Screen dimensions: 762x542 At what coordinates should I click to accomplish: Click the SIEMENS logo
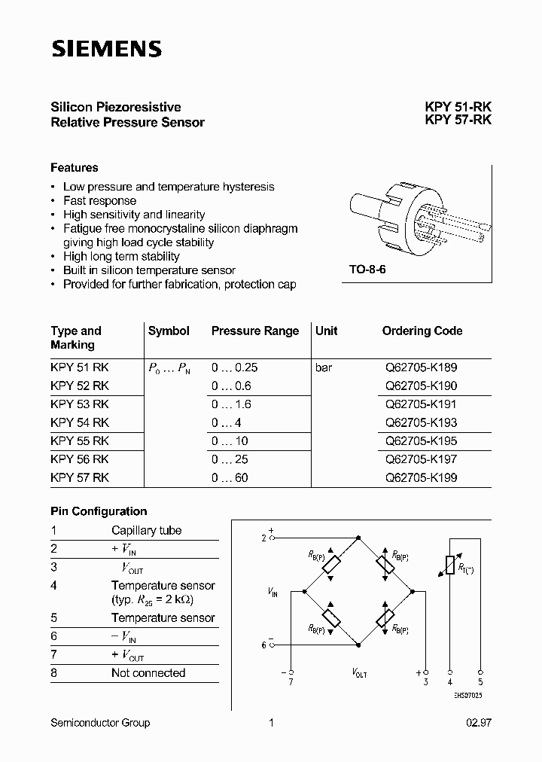click(106, 49)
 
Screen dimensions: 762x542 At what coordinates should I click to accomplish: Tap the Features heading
click(75, 167)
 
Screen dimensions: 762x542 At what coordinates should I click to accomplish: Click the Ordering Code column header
click(422, 331)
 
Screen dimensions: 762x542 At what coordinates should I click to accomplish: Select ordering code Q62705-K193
click(421, 422)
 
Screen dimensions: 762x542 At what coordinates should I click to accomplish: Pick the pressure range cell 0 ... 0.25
click(234, 367)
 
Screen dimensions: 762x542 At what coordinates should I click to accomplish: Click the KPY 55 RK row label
click(80, 440)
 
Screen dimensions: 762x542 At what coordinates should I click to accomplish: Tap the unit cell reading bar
click(324, 367)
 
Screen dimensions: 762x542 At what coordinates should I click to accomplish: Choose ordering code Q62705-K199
click(421, 477)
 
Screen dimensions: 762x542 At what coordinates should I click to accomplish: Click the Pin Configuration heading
click(99, 511)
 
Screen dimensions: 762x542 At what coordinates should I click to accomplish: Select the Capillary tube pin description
click(146, 530)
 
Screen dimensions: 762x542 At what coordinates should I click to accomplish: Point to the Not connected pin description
click(148, 673)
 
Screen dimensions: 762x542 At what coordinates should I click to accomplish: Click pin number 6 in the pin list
click(54, 636)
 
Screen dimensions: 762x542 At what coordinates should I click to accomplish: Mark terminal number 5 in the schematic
click(480, 682)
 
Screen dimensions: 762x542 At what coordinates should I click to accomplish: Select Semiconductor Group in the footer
click(100, 723)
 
